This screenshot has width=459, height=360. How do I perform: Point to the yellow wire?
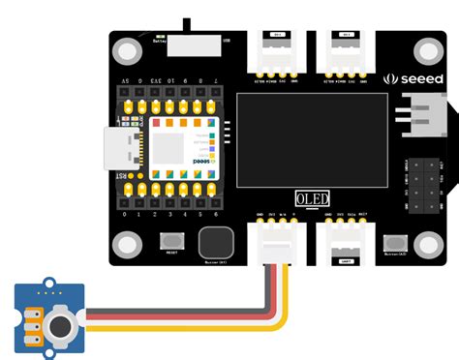pyautogui.click(x=194, y=326)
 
